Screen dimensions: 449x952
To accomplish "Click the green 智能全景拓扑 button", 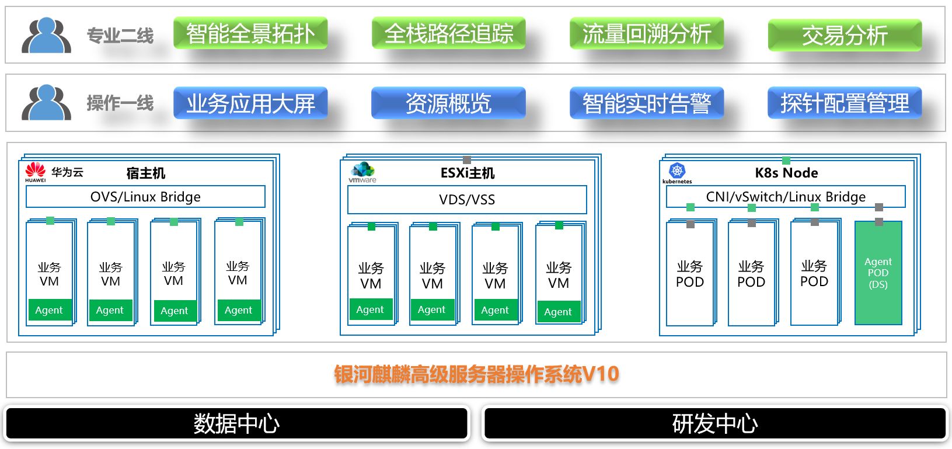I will pos(250,33).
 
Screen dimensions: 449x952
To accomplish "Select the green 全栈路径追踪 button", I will pos(448,33).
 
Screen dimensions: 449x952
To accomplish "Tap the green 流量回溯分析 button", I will pos(646,33).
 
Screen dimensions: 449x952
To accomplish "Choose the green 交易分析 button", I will pos(844,35).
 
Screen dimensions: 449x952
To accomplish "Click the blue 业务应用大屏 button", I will pos(250,103).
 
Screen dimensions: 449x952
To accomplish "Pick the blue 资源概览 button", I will pos(448,103).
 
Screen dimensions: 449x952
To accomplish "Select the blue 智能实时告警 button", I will pos(646,103).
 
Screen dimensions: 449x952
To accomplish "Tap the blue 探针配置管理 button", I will pos(844,103).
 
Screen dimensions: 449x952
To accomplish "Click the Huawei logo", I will pos(36,172).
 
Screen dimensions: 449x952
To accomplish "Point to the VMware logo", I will pos(362,172).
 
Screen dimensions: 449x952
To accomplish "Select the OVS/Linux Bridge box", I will pos(145,197).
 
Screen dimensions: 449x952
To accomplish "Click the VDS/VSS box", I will pos(467,200).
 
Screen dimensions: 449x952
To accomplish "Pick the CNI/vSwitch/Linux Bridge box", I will pos(786,197).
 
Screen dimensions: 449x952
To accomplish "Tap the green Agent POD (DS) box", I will pos(878,273).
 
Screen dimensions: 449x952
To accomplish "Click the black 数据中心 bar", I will pos(236,423).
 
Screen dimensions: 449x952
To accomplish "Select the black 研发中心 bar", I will pos(715,423).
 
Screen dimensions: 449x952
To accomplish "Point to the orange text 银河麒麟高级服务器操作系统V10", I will pos(476,374).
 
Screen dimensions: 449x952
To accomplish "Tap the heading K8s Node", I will pos(786,173).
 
